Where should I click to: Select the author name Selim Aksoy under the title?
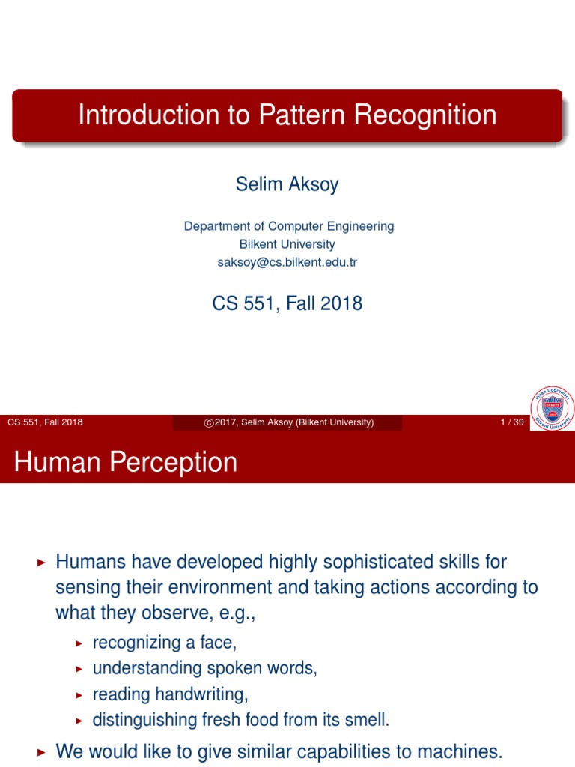(287, 184)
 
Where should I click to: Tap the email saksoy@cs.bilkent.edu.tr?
(287, 263)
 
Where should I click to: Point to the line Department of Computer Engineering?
(289, 226)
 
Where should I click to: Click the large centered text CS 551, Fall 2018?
(287, 303)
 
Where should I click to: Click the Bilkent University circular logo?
(553, 409)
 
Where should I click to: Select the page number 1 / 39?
(512, 422)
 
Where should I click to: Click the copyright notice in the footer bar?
(288, 422)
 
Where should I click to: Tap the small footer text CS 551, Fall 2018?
(45, 422)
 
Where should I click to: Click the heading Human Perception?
(125, 462)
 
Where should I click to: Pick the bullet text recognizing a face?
(164, 643)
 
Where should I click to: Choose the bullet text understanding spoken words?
(204, 668)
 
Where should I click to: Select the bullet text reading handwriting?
(170, 694)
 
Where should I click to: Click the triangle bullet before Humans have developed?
(41, 562)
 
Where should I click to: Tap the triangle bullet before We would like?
(41, 751)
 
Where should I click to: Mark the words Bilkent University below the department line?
(287, 244)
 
